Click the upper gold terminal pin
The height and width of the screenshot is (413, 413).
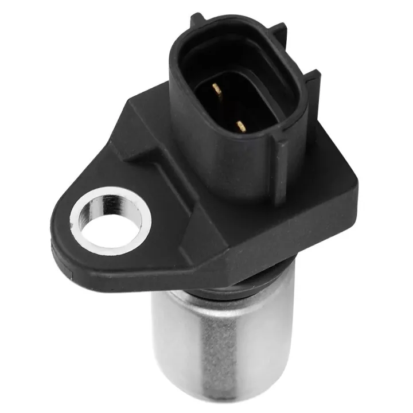click(216, 88)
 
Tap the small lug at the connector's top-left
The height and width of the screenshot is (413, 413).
click(198, 18)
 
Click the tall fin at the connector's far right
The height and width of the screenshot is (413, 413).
click(313, 86)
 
